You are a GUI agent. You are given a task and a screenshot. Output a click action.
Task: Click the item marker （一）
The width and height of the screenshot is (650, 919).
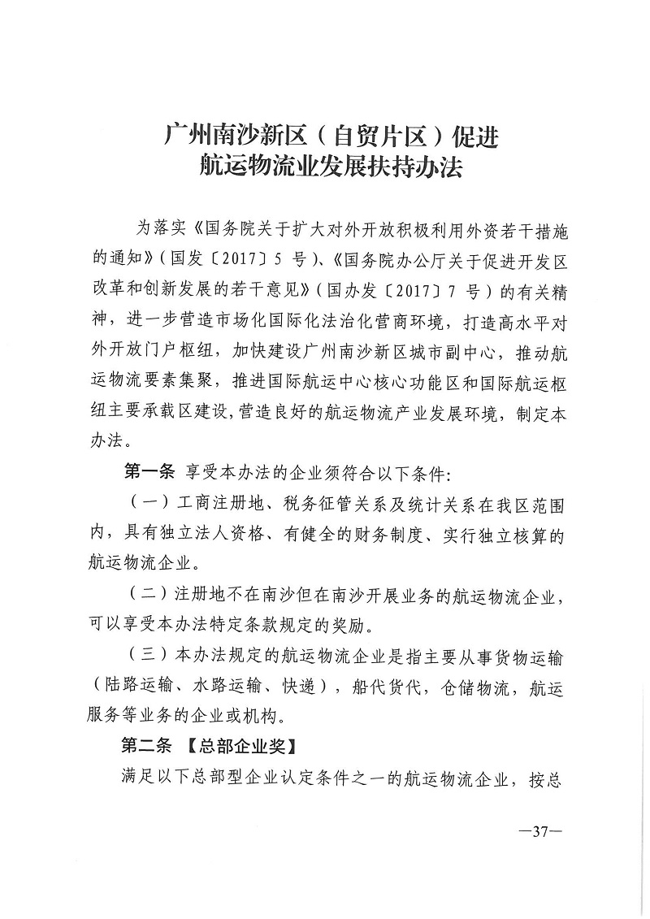(147, 505)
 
